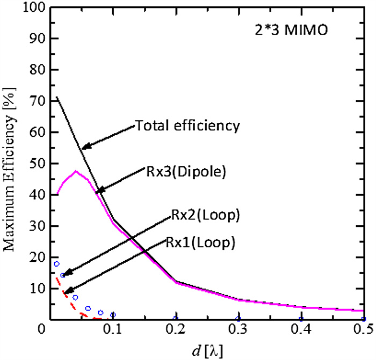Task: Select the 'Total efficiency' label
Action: click(x=186, y=126)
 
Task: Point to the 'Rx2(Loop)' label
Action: click(x=205, y=215)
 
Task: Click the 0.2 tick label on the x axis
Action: click(x=175, y=333)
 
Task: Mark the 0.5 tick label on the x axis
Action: click(x=363, y=333)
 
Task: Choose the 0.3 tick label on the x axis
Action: click(x=238, y=333)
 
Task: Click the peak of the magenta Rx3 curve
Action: click(x=77, y=171)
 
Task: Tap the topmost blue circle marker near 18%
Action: click(x=56, y=264)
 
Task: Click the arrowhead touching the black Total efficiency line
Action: click(x=84, y=147)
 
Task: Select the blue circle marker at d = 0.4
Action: click(x=301, y=319)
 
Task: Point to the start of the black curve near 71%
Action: click(x=56, y=98)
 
